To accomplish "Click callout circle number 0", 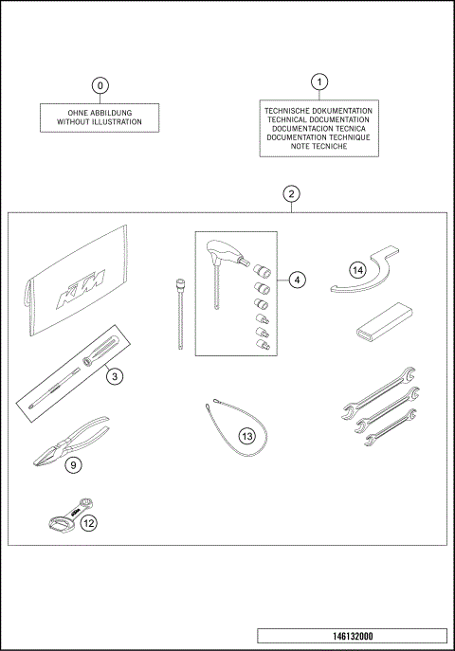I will click(100, 85).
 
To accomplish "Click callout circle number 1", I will click(319, 81).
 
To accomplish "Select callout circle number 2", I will click(292, 194).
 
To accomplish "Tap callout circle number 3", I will click(113, 376).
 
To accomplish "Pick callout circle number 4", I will click(297, 280).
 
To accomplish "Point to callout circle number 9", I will click(73, 464).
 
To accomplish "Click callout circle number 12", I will click(88, 522).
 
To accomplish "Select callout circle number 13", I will click(246, 437).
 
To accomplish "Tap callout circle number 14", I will click(356, 269).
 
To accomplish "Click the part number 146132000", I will click(351, 636).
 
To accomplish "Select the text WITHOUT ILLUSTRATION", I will click(100, 122).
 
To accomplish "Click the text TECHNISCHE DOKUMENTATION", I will click(319, 111).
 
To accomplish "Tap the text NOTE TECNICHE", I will click(319, 147).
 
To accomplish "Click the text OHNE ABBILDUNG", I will click(100, 112).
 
